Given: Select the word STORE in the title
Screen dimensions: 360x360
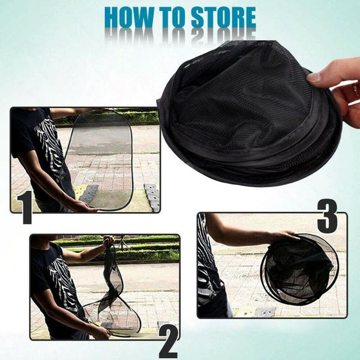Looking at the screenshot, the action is pyautogui.click(x=223, y=17).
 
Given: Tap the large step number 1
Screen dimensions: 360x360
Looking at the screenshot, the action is pyautogui.click(x=25, y=207).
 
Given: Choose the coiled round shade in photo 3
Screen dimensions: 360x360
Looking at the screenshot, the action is pyautogui.click(x=299, y=269).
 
